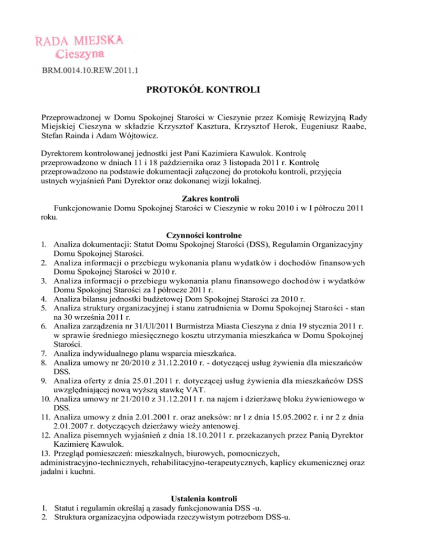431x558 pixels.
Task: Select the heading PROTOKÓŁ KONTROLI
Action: [215, 90]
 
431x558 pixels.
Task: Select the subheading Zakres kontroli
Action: [215, 198]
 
